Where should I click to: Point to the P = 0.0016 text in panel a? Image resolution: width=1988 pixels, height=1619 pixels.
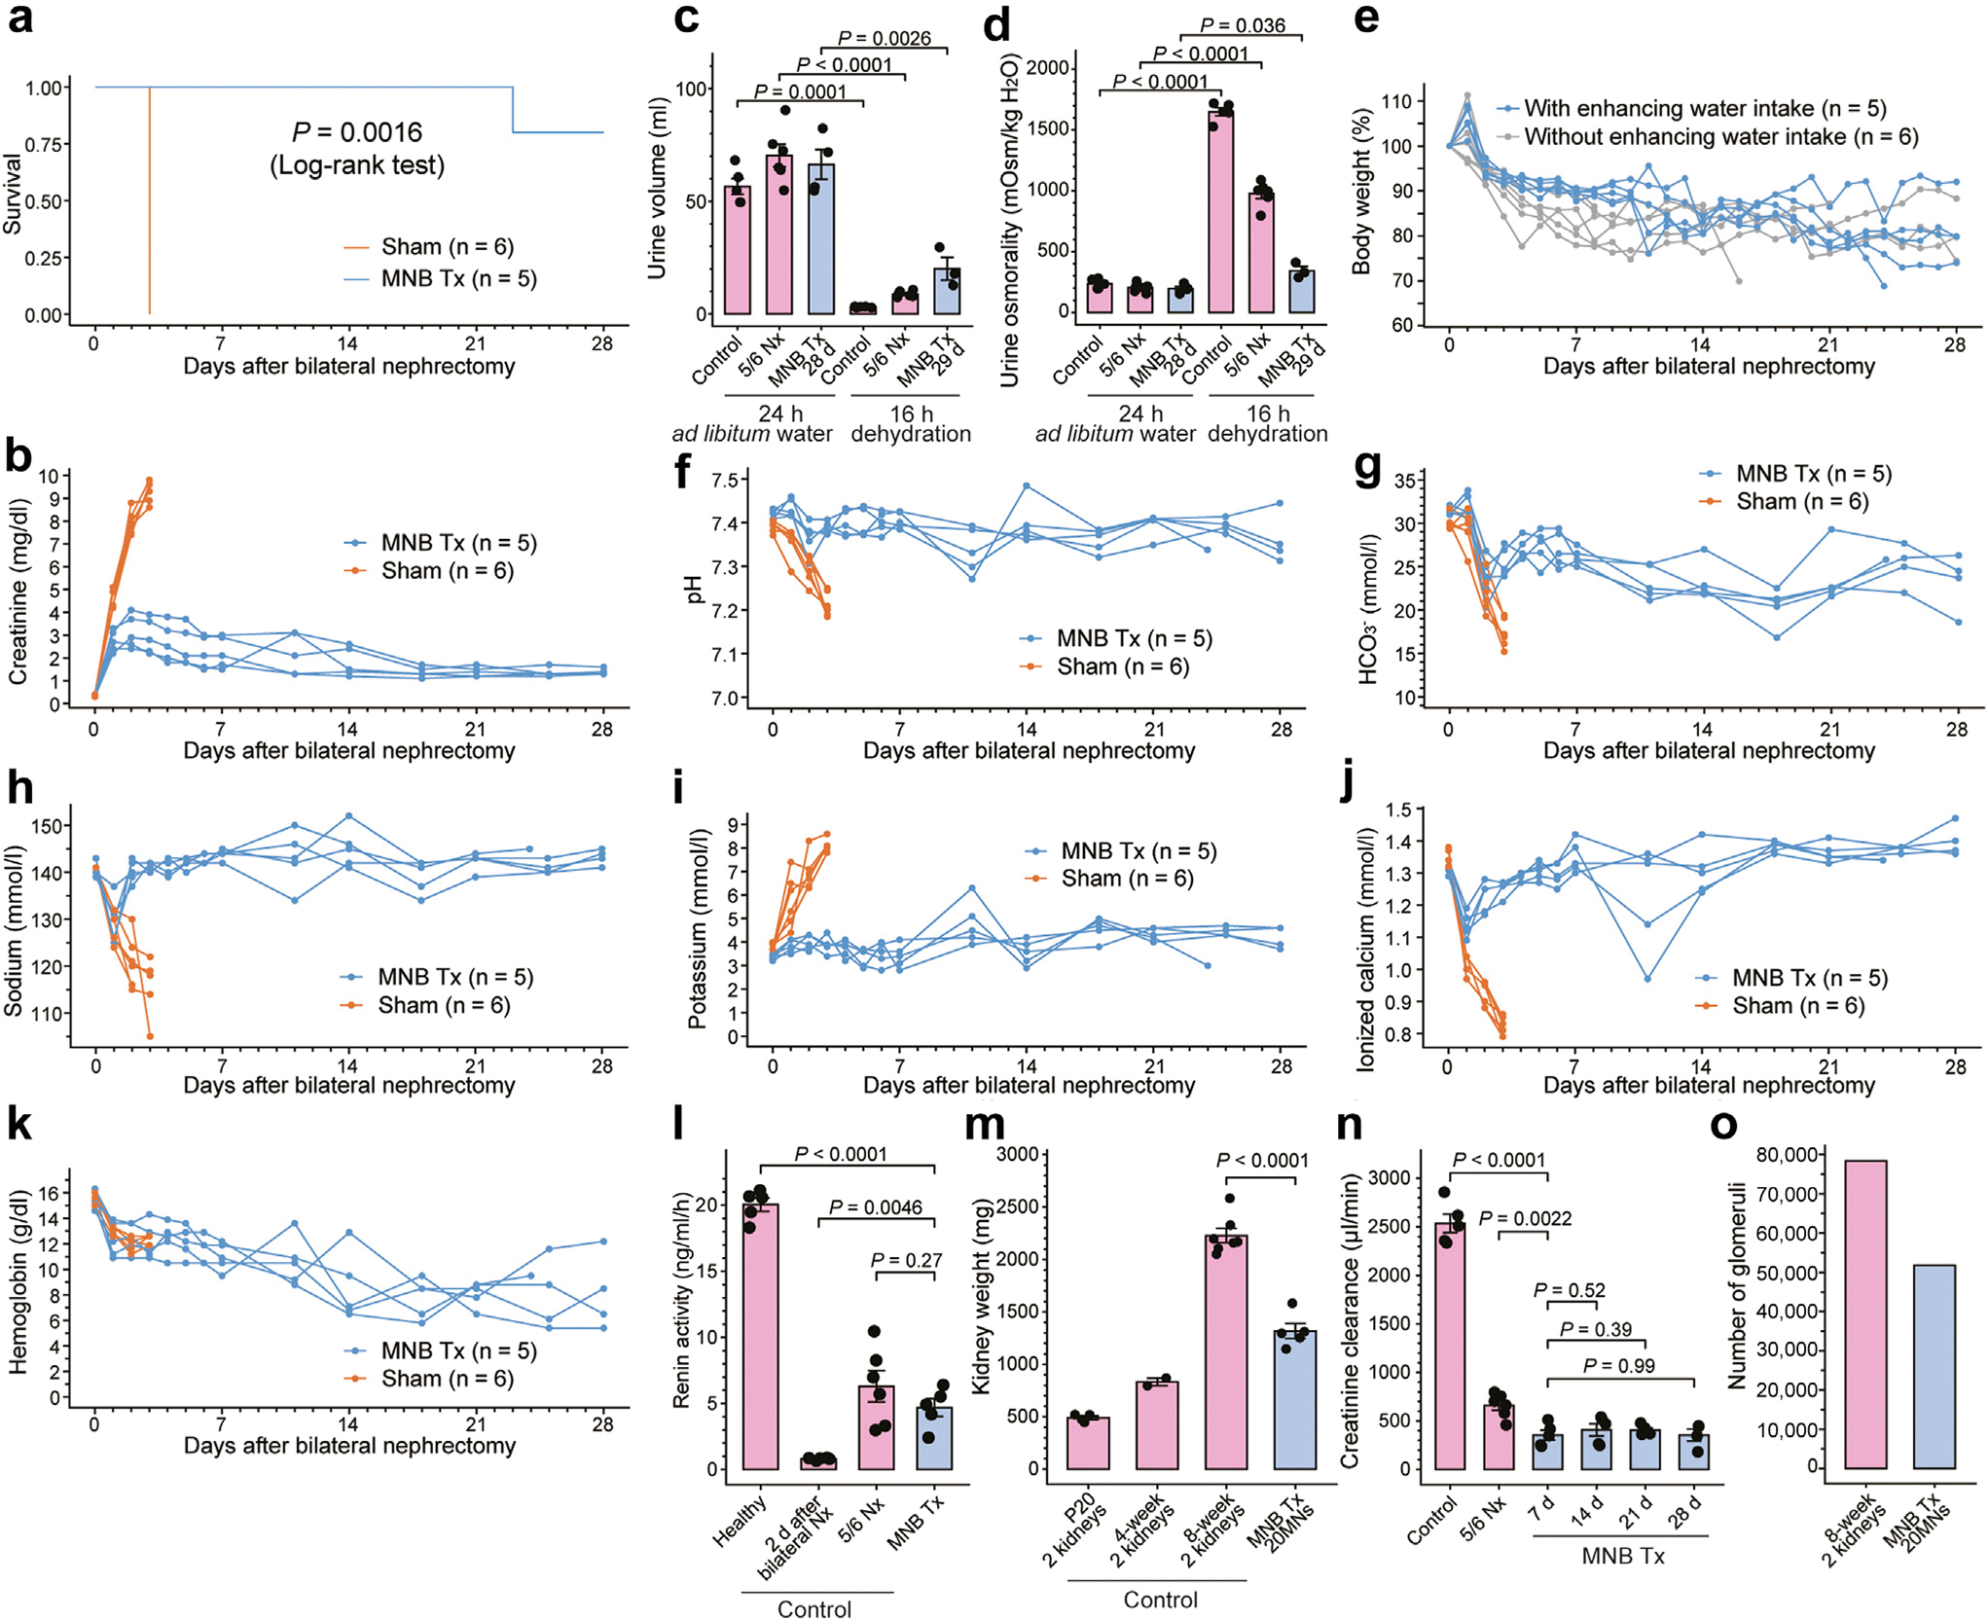point(357,132)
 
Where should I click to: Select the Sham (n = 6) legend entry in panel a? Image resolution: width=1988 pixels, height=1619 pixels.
point(447,247)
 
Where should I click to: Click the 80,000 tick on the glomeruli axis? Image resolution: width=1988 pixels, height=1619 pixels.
point(1787,1155)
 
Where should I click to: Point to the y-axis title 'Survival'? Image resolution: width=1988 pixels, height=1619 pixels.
point(13,194)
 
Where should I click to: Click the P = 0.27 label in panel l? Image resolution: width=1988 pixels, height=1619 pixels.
point(906,1260)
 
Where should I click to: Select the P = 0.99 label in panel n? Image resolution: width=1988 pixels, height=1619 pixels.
point(1618,1365)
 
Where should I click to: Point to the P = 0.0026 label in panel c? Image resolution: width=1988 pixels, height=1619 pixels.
point(884,39)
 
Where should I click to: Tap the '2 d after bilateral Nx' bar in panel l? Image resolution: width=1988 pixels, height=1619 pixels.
point(818,1461)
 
